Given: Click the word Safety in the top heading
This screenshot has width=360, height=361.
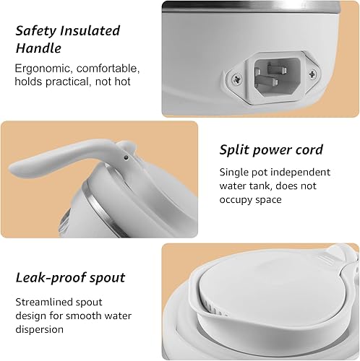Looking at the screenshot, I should point(37,31).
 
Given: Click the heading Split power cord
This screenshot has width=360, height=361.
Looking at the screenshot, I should point(271,150).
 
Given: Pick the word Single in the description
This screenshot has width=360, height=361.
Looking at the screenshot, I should point(235,172).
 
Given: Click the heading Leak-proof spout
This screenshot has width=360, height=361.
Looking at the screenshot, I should point(69,277).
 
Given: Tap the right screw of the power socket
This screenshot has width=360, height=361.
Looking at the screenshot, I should point(312,74).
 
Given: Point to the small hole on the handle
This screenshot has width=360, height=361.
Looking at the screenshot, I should point(126,155).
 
